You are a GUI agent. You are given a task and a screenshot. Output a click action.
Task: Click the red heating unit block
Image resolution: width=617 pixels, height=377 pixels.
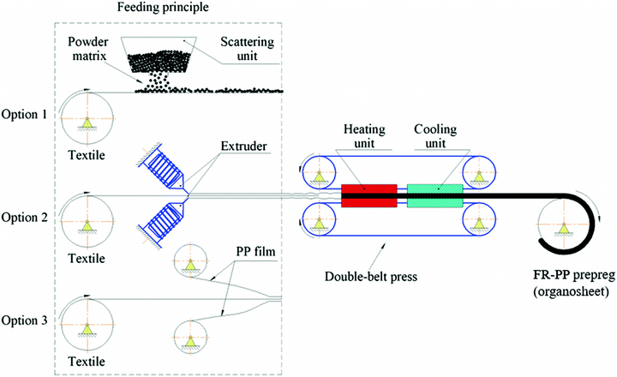tap(368, 195)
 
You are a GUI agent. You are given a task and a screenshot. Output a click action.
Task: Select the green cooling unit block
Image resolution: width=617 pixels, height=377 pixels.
tap(434, 195)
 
